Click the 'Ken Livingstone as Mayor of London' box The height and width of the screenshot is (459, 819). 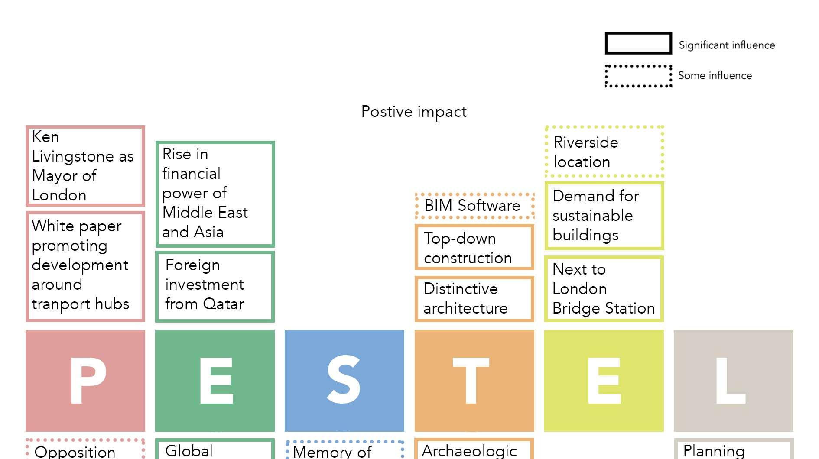pyautogui.click(x=85, y=166)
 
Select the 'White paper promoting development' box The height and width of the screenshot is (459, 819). pyautogui.click(x=85, y=266)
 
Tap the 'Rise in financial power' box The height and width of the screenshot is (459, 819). pyautogui.click(x=215, y=194)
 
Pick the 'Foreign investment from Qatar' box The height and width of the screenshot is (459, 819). pyautogui.click(x=215, y=286)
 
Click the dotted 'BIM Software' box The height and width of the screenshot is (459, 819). pyautogui.click(x=474, y=206)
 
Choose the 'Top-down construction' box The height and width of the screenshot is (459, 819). pyautogui.click(x=474, y=247)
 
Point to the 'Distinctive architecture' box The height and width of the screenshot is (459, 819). pyautogui.click(x=474, y=299)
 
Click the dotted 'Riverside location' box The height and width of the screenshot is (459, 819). pyautogui.click(x=604, y=152)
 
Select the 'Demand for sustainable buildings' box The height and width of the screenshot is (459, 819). pyautogui.click(x=604, y=216)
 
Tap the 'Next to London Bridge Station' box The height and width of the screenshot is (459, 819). pyautogui.click(x=604, y=289)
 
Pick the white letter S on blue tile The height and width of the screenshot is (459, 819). pyautogui.click(x=344, y=380)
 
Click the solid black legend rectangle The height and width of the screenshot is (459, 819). pyautogui.click(x=638, y=43)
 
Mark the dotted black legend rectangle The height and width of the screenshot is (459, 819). pyautogui.click(x=638, y=76)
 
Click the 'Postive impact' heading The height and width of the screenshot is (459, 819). pyautogui.click(x=414, y=112)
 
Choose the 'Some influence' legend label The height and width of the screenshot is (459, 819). pyautogui.click(x=715, y=76)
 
